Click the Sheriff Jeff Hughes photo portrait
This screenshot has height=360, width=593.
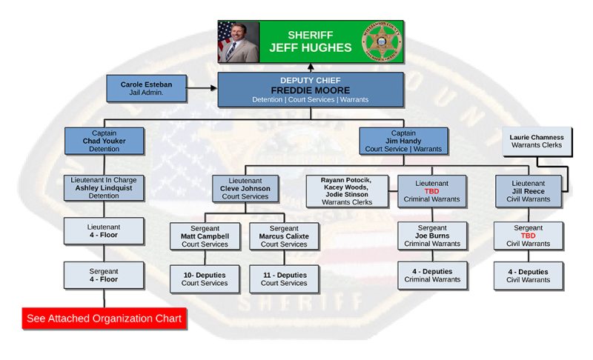[x=239, y=41]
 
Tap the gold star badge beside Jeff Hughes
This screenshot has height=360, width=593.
[x=380, y=41]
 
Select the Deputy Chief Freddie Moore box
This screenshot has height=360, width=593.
[x=310, y=90]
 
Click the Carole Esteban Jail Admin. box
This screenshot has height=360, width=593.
[x=146, y=89]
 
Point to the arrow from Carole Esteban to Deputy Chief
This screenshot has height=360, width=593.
[x=201, y=88]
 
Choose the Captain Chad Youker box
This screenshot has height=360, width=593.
[x=104, y=141]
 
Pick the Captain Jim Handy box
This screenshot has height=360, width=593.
[x=404, y=141]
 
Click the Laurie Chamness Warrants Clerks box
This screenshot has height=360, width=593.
[x=537, y=141]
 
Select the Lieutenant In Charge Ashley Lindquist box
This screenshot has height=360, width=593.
[x=104, y=188]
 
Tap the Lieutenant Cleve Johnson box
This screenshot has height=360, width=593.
[x=245, y=188]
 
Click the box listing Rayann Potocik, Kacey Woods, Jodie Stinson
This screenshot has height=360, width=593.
[x=347, y=191]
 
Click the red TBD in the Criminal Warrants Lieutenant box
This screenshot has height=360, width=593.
[x=431, y=190]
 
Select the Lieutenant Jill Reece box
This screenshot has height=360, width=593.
[x=528, y=190]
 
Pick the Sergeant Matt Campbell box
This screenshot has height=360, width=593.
[x=205, y=236]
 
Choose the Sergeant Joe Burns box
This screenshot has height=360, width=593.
[x=431, y=236]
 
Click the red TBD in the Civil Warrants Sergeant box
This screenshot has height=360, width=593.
[x=528, y=236]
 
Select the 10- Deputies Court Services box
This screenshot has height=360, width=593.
[x=205, y=279]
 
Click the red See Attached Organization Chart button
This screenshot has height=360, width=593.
[x=104, y=319]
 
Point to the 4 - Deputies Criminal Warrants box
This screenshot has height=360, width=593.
[x=431, y=275]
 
